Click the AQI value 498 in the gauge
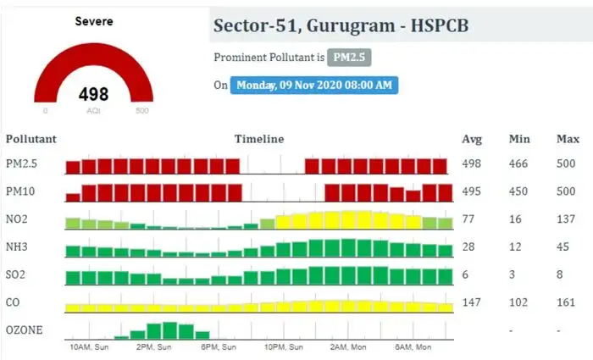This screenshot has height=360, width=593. click(93, 93)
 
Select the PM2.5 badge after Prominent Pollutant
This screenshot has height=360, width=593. click(350, 58)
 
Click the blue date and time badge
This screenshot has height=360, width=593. click(316, 86)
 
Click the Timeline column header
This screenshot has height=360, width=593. click(259, 138)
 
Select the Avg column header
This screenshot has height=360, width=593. click(472, 138)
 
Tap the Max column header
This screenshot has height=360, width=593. click(568, 138)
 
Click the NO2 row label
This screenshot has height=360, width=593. click(17, 220)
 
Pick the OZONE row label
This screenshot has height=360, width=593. click(24, 330)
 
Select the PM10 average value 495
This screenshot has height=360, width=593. click(473, 191)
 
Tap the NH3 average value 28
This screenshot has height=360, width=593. click(468, 246)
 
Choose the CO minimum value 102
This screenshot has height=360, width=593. click(518, 302)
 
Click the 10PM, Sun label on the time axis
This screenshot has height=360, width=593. click(284, 347)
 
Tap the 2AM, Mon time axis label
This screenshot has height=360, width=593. click(347, 347)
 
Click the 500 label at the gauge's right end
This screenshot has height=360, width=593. click(142, 111)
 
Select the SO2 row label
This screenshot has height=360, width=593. click(16, 275)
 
